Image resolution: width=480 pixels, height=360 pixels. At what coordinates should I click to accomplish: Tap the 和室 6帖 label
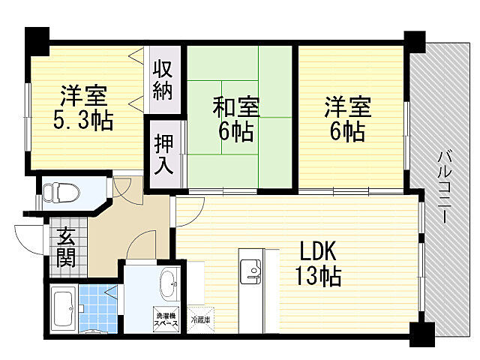[235, 121]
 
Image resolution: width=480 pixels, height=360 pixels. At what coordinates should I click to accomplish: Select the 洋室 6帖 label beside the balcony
[346, 118]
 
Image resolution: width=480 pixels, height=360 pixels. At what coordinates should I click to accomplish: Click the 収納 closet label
[163, 79]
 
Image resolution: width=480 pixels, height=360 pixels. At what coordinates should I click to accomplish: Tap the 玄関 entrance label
[65, 247]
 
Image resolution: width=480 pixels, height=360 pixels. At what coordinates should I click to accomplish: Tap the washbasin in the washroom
[169, 283]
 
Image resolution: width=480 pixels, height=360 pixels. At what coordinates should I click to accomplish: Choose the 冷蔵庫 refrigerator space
[202, 318]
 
